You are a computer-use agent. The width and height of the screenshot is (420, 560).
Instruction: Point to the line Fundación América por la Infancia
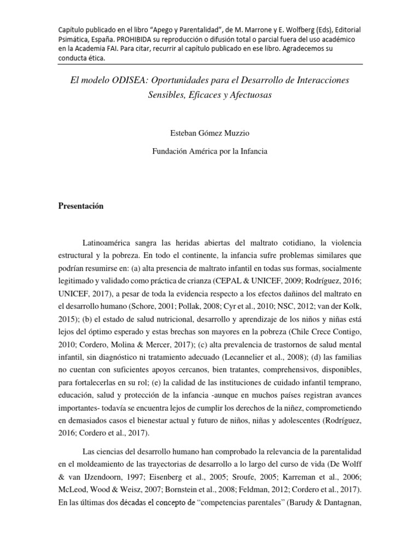pos(210,151)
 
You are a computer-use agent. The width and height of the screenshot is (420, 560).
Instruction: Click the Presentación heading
pos(80,206)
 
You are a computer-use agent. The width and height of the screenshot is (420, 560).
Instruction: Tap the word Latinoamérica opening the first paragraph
pos(110,242)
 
